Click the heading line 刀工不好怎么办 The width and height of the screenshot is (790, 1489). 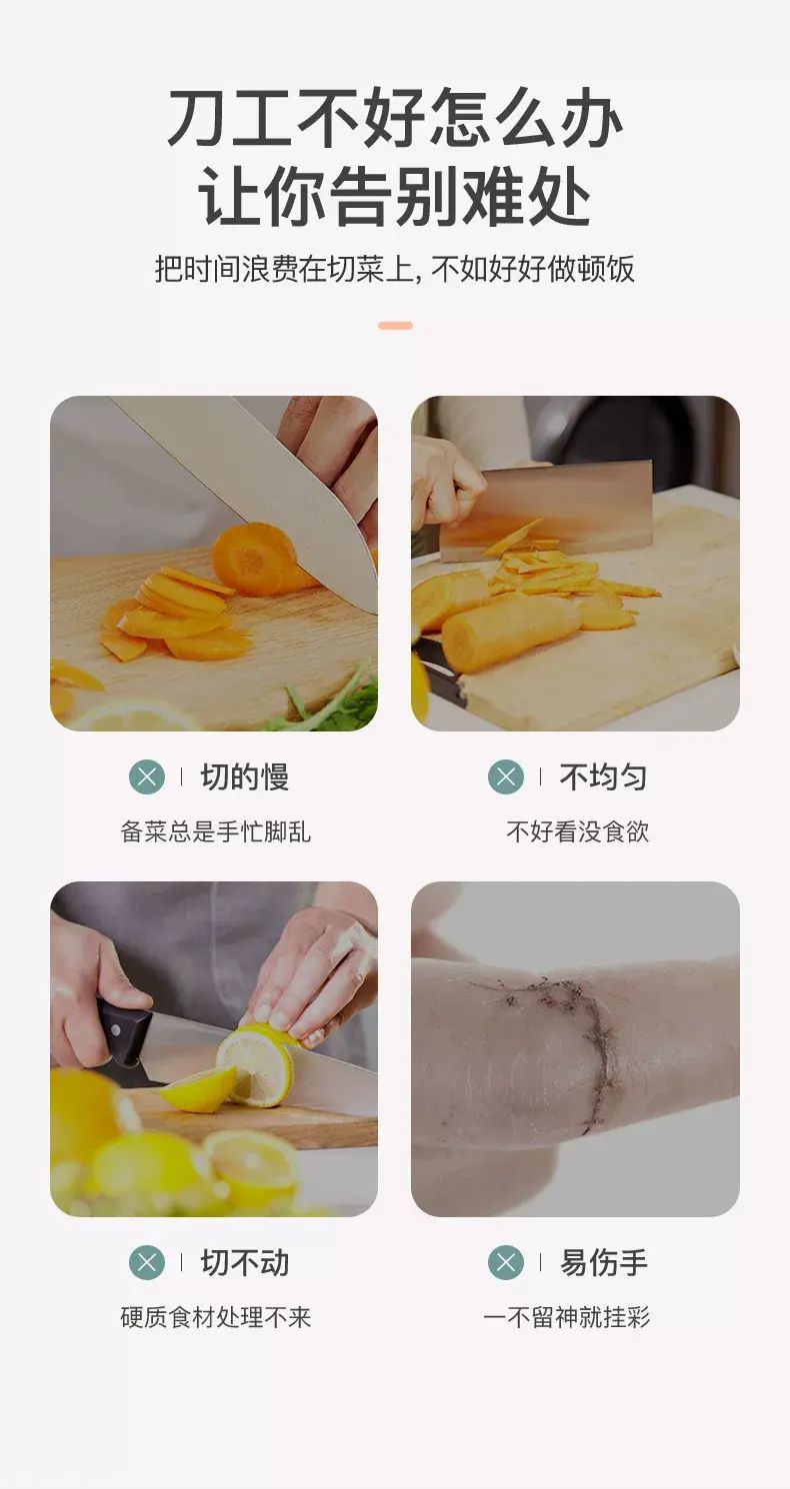(x=394, y=118)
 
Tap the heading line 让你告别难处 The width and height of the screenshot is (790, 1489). (x=394, y=197)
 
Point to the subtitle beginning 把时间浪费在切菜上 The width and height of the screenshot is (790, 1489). (x=394, y=269)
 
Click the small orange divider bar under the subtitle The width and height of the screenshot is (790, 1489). (x=395, y=326)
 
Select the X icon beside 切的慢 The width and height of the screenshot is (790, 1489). (x=147, y=776)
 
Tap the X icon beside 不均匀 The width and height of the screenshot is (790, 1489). (x=506, y=776)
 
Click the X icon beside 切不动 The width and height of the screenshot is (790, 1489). (x=147, y=1262)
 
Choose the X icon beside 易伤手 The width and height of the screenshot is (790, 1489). (x=506, y=1262)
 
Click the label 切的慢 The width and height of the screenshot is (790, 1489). (x=245, y=777)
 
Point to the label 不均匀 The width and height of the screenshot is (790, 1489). (x=603, y=777)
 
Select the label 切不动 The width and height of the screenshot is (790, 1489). (x=245, y=1263)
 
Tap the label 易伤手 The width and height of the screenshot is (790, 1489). (x=603, y=1263)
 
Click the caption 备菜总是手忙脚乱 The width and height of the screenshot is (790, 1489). (x=215, y=831)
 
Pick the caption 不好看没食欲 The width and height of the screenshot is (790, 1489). (x=577, y=831)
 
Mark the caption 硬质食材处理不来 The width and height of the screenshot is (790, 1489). (x=215, y=1317)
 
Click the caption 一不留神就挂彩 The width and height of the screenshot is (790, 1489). (x=566, y=1317)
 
